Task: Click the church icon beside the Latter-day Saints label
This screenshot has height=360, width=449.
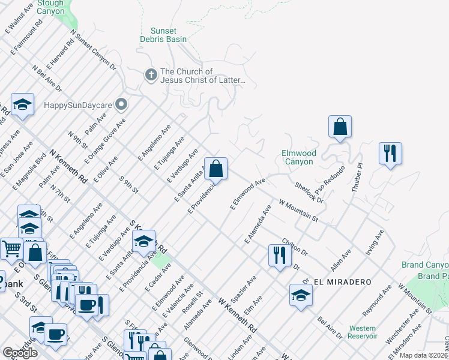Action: click(151, 75)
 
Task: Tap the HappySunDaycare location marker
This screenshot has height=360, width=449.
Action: click(122, 104)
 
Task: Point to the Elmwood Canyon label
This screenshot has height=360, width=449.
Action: click(298, 157)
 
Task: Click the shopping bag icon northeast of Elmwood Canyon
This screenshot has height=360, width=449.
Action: click(340, 127)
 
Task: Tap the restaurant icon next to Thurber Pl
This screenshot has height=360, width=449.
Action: click(390, 153)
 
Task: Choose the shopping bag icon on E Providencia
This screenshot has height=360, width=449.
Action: click(215, 169)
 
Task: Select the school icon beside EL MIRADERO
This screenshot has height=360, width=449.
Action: click(301, 295)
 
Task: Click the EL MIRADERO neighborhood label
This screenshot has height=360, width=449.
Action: click(346, 281)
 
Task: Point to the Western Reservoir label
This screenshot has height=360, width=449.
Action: click(362, 332)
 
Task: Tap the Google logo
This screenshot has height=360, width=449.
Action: click(20, 353)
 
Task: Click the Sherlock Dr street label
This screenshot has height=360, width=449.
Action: click(309, 193)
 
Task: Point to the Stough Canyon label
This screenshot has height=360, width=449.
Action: click(50, 7)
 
